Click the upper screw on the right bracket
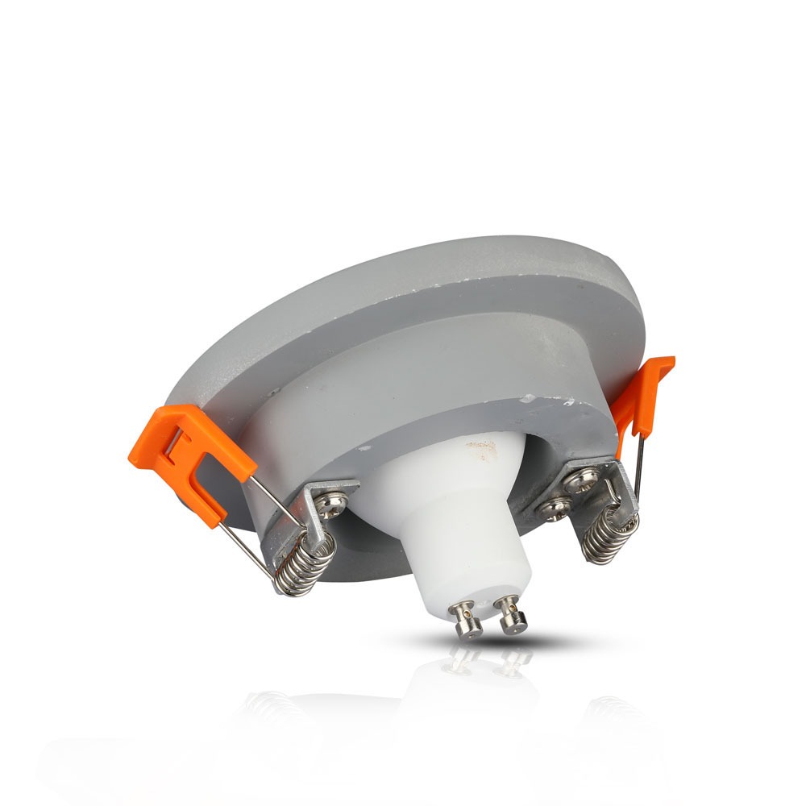point(583,481)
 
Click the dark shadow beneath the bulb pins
point(492,642)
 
